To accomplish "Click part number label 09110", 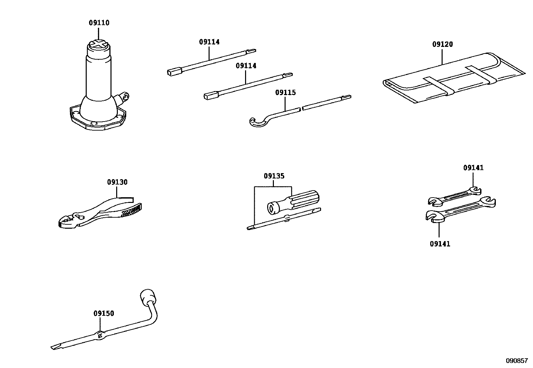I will click(99, 23).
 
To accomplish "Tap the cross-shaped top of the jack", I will click(99, 45).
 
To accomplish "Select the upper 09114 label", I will click(209, 42).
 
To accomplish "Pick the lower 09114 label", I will click(246, 66).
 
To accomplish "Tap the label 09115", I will click(285, 92).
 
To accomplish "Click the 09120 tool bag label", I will click(442, 44).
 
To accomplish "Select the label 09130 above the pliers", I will click(117, 182).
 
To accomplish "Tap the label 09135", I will click(274, 176).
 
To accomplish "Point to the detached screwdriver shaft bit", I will click(285, 219).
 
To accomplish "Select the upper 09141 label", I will click(473, 168).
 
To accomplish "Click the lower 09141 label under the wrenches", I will click(440, 244).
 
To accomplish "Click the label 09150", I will click(103, 313).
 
